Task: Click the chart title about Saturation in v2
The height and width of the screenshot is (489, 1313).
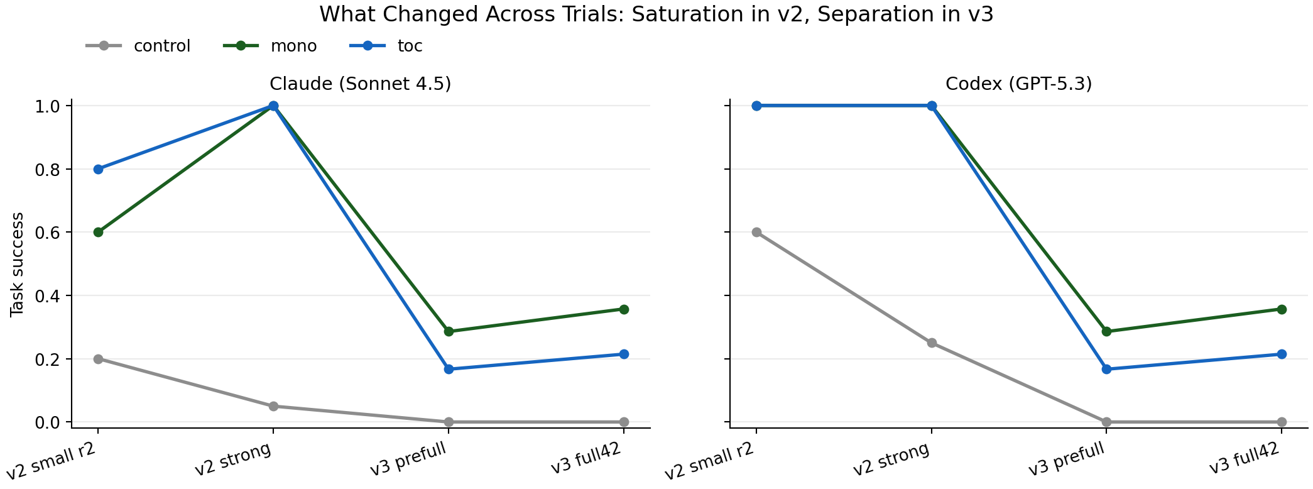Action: coord(656,14)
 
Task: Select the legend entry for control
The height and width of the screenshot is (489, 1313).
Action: coord(161,46)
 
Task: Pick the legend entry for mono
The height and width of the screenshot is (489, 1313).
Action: coord(293,46)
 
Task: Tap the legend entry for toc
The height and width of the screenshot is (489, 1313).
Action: coord(410,46)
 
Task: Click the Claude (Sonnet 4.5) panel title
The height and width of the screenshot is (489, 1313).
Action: coord(360,84)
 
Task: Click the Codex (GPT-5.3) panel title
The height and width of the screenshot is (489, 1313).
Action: coord(1018,84)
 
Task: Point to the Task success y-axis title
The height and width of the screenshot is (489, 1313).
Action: coord(17,264)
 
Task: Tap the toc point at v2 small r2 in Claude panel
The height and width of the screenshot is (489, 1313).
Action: coord(98,169)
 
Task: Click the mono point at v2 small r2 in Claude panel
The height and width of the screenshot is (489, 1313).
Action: coord(98,232)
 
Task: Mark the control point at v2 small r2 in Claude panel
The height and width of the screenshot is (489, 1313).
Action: coord(98,359)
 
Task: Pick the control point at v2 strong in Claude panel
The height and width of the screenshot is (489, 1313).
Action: coord(273,406)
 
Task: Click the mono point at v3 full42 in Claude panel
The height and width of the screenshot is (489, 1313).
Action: coord(624,309)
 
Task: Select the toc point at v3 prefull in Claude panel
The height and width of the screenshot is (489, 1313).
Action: coord(449,369)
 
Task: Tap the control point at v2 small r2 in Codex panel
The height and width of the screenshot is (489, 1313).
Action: coord(756,232)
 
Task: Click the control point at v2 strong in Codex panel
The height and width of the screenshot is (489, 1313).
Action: coord(932,343)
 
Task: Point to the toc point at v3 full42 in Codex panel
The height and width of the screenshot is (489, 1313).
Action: coord(1282,354)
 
